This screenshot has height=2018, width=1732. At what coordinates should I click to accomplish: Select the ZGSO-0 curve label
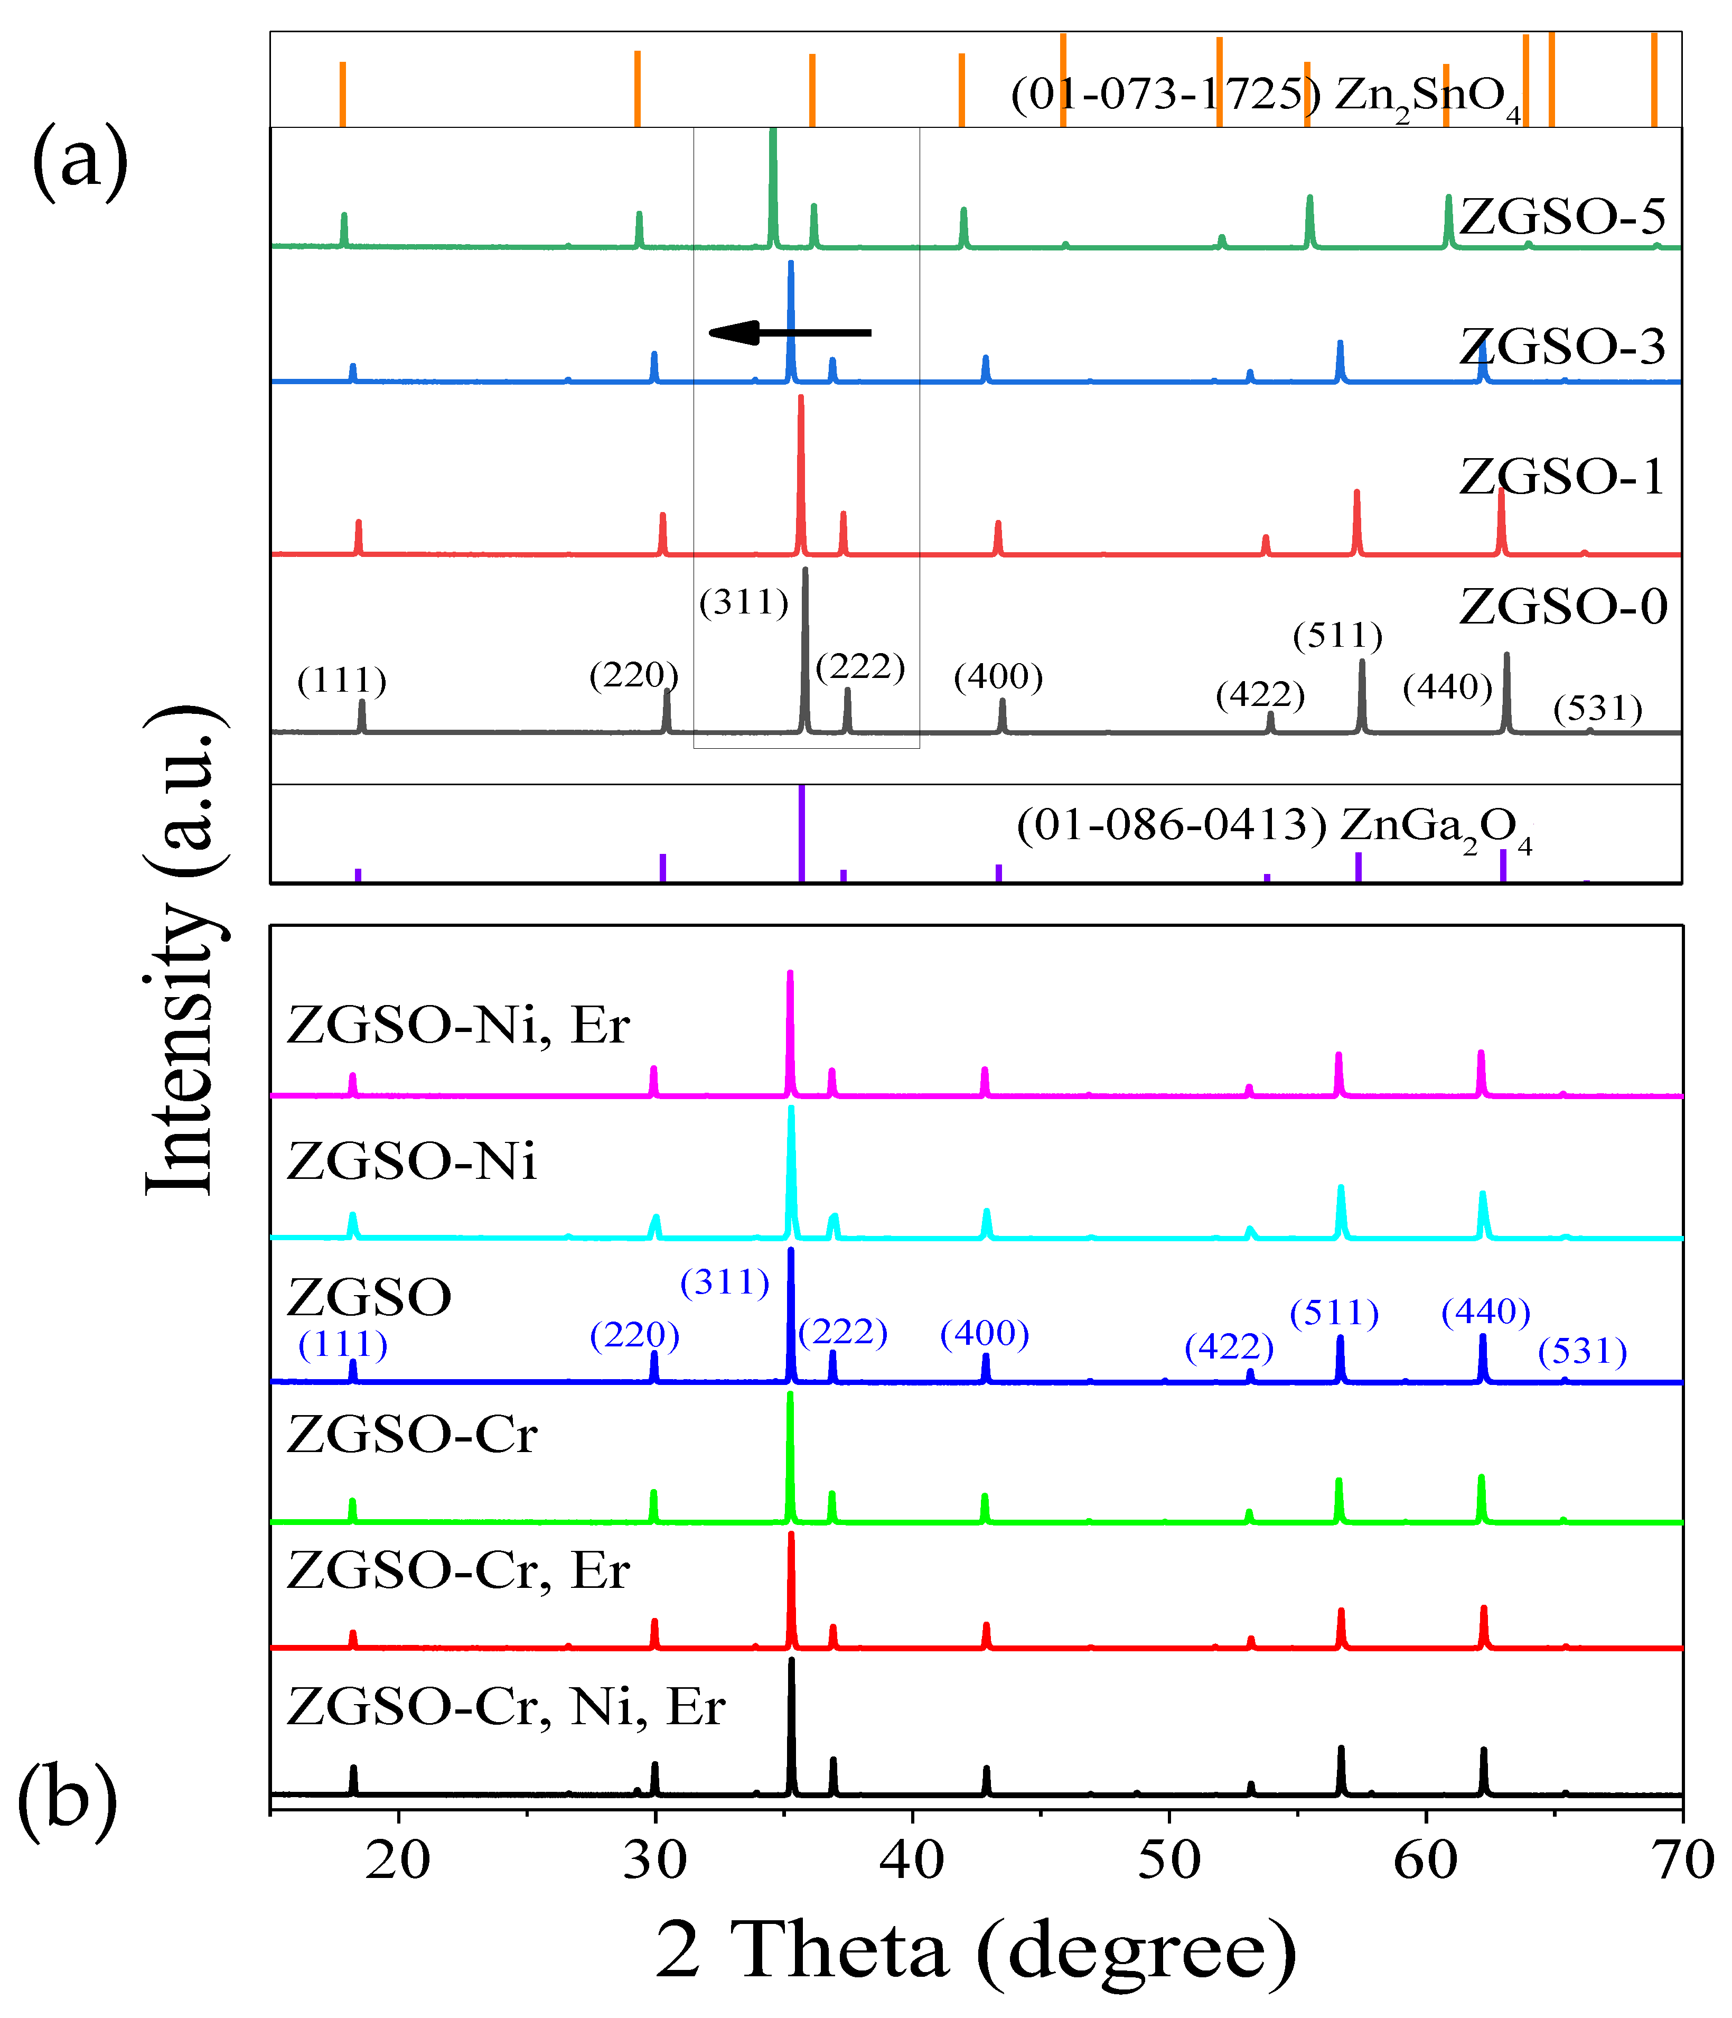click(x=1562, y=607)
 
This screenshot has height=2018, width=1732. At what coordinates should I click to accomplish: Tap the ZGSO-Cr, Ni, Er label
click(x=506, y=1706)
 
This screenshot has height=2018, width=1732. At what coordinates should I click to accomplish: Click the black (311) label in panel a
click(x=744, y=603)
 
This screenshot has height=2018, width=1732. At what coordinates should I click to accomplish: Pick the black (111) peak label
click(x=342, y=681)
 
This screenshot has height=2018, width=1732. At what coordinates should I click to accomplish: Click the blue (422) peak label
click(x=1229, y=1347)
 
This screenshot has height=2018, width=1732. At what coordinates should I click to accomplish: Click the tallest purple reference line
click(x=801, y=833)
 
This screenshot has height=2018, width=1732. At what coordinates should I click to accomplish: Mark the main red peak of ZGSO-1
click(x=800, y=468)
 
